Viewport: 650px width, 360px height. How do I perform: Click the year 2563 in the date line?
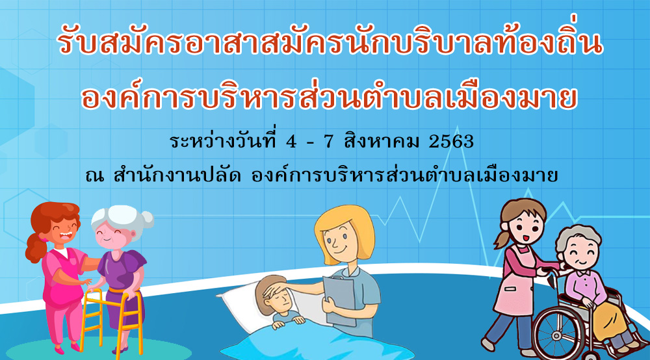coord(451,142)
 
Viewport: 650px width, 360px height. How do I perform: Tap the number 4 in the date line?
coord(291,142)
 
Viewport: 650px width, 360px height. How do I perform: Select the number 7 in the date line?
coord(328,142)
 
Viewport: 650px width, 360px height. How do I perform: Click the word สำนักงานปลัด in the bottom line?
coord(177,175)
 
